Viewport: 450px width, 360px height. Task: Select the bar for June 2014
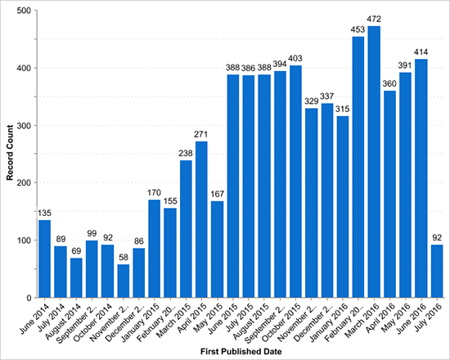click(x=44, y=259)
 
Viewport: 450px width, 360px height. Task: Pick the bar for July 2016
click(x=437, y=271)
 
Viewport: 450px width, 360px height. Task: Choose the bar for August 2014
click(x=76, y=277)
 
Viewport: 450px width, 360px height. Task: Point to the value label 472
click(x=375, y=20)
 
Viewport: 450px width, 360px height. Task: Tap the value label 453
click(x=358, y=31)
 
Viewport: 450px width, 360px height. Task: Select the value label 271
click(x=200, y=136)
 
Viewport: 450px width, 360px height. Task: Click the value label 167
click(x=217, y=196)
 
